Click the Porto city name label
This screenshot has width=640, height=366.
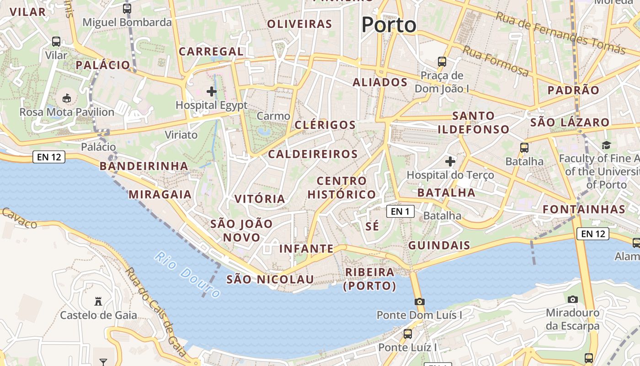pos(389,25)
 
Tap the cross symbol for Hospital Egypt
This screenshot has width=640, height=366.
pos(212,91)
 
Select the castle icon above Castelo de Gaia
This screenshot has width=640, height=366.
pos(98,301)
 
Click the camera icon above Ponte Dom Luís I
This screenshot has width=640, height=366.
pos(419,301)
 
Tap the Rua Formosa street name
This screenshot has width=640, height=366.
pos(496,61)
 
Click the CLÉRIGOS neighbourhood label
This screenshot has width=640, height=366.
pos(325,125)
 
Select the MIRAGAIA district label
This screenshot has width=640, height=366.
pos(160,194)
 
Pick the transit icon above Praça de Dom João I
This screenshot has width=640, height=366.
pos(442,61)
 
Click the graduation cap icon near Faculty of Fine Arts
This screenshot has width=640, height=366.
pos(606,145)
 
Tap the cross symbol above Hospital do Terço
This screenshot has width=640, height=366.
pos(450,161)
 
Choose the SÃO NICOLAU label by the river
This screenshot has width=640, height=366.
pos(270,280)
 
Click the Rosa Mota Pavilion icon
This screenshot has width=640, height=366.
pos(67,98)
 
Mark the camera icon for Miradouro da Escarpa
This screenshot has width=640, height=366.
pos(572,299)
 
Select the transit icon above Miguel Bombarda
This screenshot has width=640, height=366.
pos(127,8)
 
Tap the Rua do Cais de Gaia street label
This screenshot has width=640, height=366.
pos(155,311)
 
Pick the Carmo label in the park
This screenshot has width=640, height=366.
pos(273,116)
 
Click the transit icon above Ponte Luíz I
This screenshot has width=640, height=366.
pos(407,334)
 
